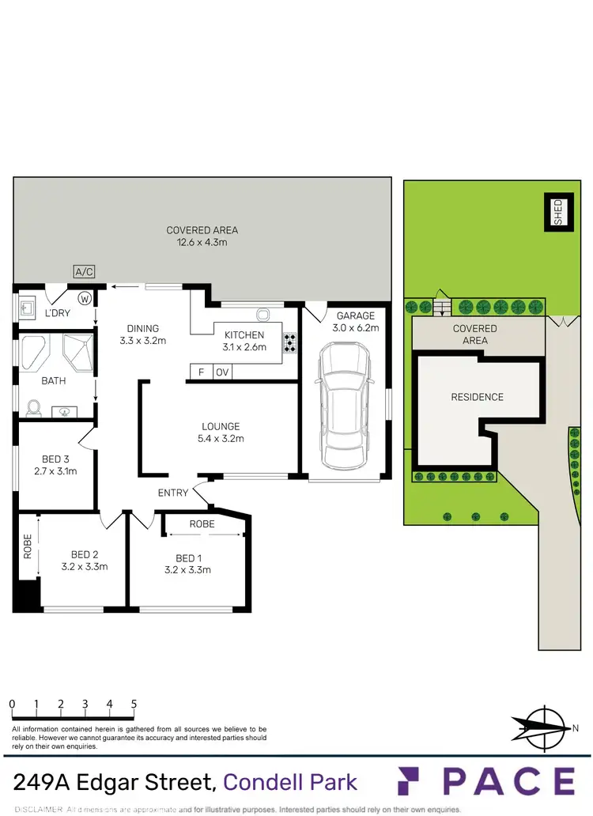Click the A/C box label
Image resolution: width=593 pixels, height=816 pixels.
(84, 272)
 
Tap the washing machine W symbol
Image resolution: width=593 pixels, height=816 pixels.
(85, 298)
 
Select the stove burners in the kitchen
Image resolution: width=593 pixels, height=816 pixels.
(290, 341)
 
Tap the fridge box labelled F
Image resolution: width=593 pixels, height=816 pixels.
(201, 372)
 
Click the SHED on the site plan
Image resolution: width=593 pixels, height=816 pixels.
(557, 212)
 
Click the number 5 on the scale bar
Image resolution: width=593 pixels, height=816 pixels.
(134, 704)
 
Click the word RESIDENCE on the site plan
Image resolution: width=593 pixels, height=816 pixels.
(477, 397)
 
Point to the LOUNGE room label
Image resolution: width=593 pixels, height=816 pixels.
(221, 426)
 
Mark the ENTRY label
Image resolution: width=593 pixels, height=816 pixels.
(173, 493)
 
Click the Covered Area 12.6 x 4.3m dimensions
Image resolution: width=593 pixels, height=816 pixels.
(202, 243)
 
